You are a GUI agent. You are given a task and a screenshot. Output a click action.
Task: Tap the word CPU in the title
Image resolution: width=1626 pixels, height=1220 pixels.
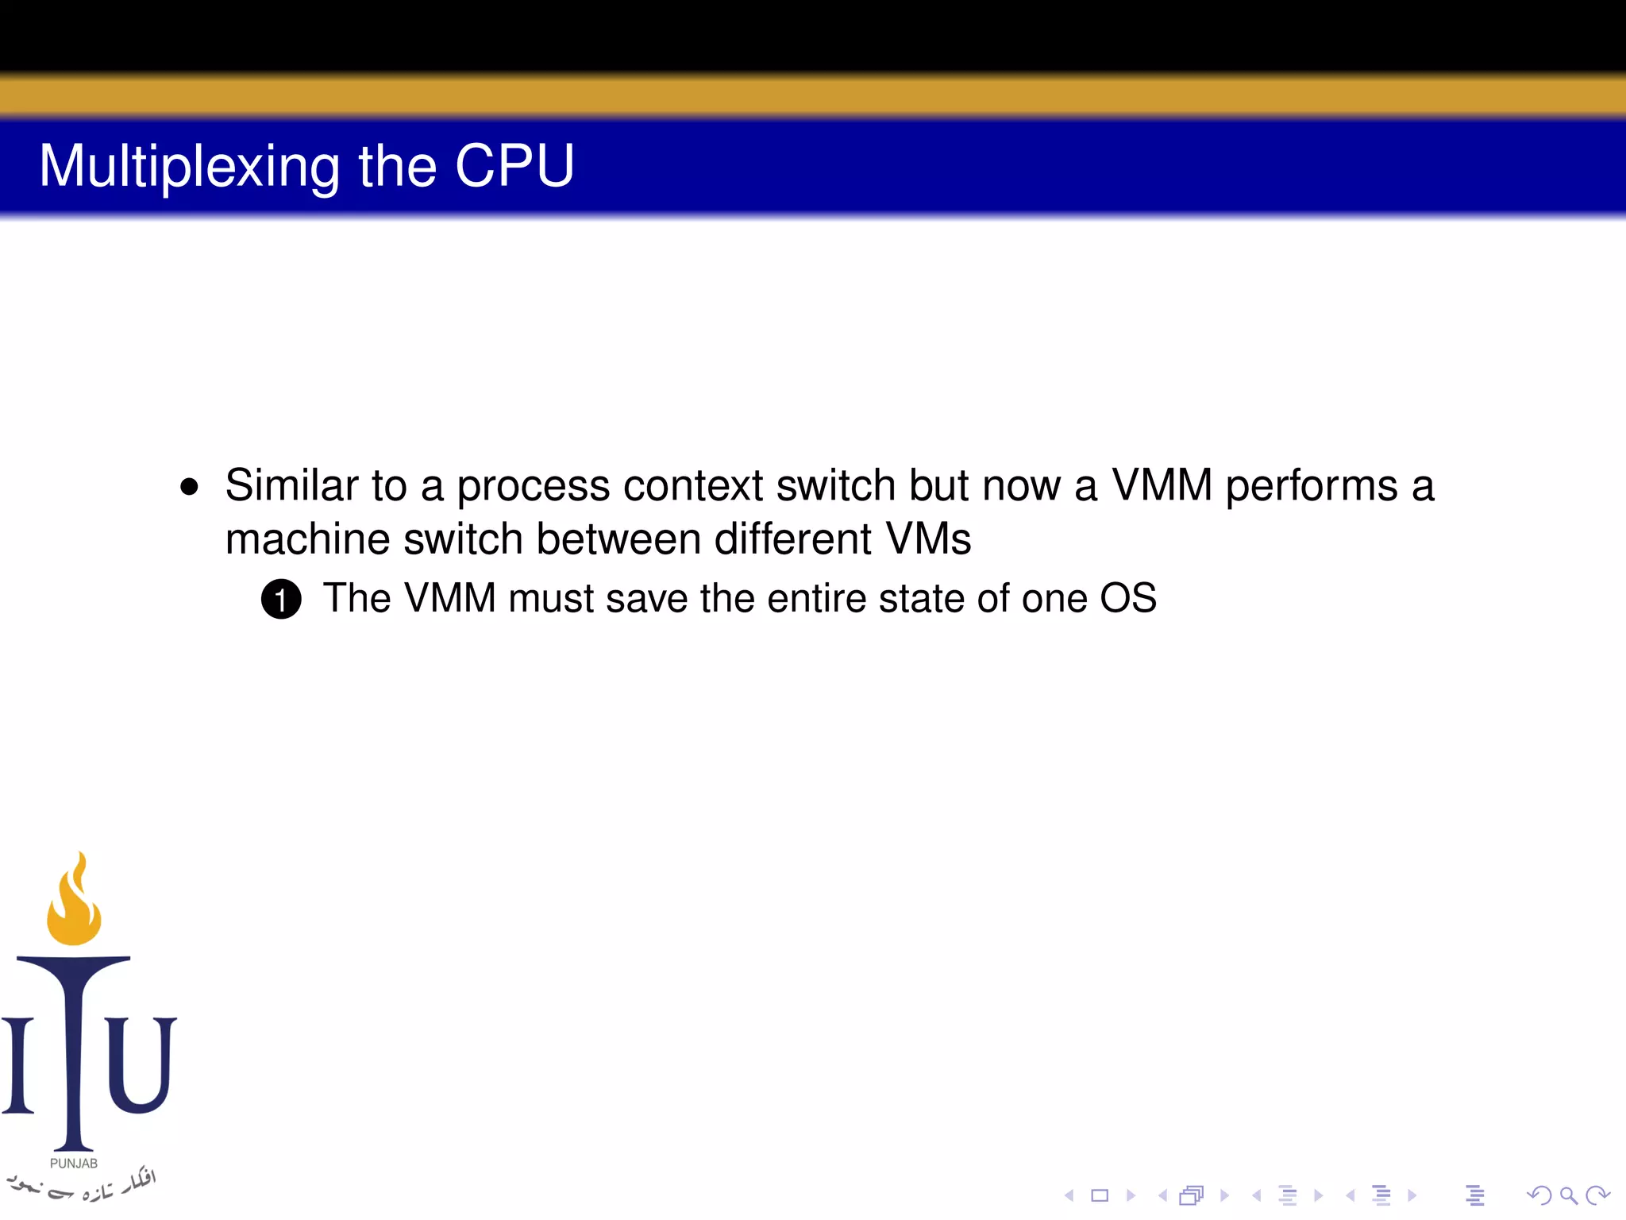coord(514,167)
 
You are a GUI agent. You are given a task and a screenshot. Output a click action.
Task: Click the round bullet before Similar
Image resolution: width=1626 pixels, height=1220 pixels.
coord(189,486)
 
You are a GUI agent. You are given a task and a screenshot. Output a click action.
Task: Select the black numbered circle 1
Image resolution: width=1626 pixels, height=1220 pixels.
coord(281,600)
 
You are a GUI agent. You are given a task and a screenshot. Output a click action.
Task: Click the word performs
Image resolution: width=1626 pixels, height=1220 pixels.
coord(1311,485)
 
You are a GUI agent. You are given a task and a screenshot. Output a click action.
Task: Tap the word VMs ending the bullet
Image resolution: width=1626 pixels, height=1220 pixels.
coord(928,539)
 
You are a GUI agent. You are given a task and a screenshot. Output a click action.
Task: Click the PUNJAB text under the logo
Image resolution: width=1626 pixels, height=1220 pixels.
coord(74,1164)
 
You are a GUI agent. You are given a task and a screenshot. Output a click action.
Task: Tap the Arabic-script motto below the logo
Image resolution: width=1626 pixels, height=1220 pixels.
coord(83,1185)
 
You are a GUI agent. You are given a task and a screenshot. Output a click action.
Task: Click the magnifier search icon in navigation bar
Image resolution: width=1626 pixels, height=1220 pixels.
coord(1567,1195)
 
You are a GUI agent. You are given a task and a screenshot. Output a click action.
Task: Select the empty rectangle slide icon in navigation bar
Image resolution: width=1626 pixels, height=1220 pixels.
coord(1100,1195)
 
